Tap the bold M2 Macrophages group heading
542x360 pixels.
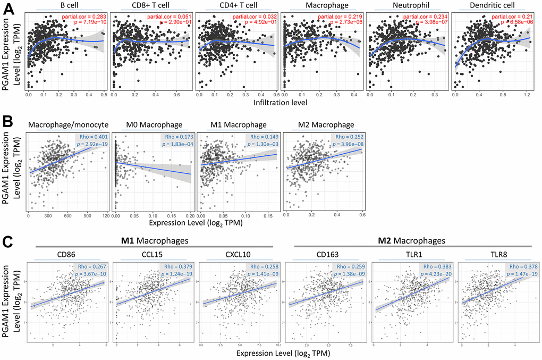405,240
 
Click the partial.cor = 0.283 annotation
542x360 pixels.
83,17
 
